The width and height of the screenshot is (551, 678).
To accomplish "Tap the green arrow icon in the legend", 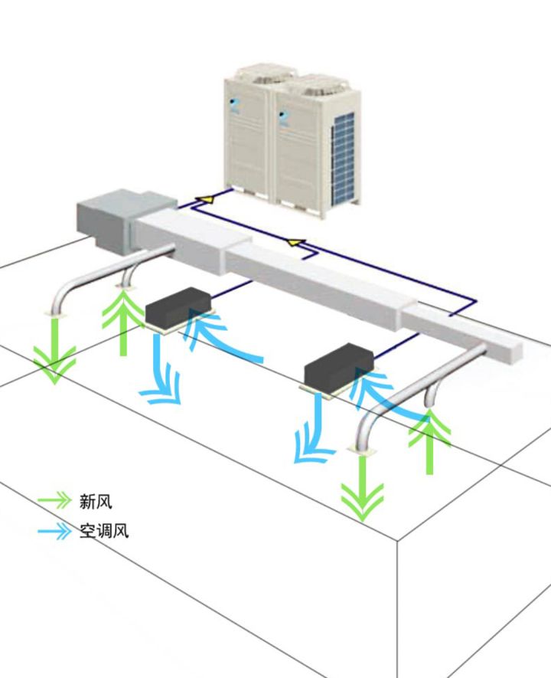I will (x=55, y=501).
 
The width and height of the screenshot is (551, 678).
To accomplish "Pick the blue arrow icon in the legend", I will (x=55, y=530).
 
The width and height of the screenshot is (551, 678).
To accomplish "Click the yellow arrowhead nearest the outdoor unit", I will (x=203, y=201).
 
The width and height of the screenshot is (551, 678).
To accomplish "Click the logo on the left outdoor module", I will (x=236, y=104).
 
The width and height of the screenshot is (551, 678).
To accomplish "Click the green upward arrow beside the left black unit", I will (x=123, y=322).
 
